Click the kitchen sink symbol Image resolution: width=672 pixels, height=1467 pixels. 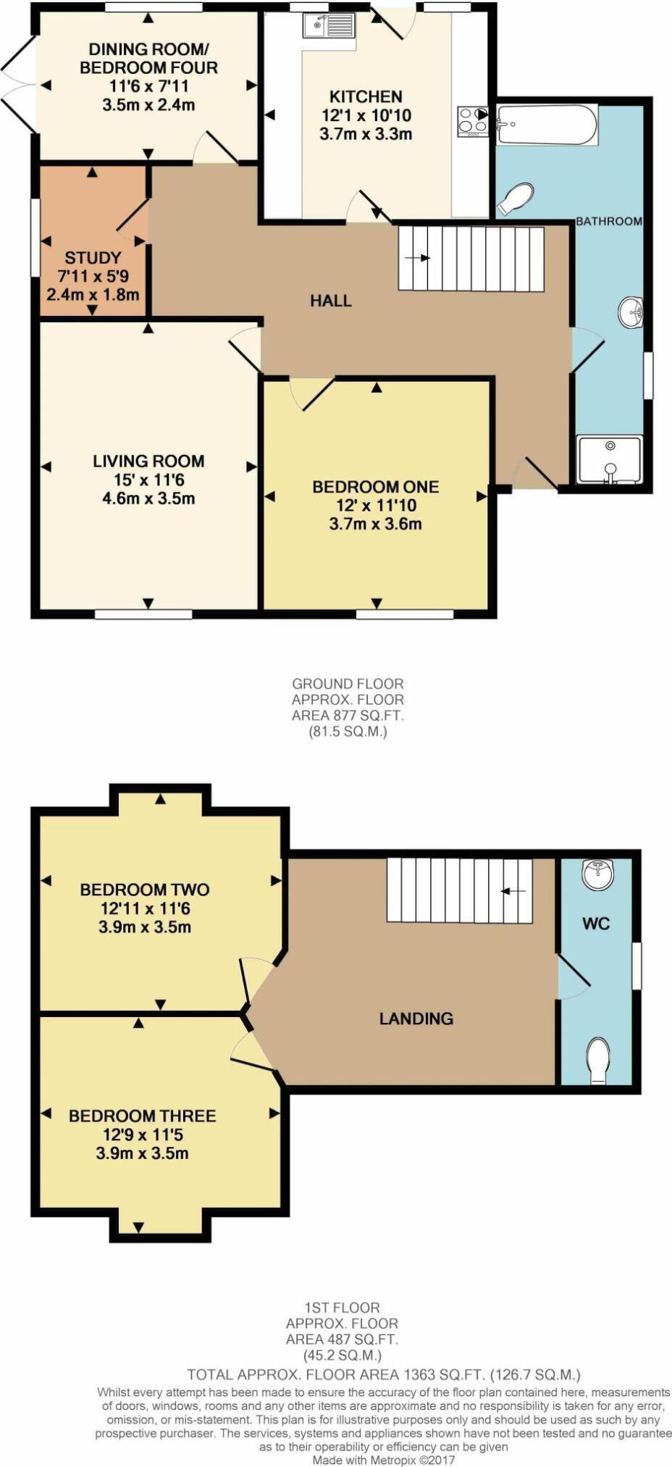click(x=329, y=26)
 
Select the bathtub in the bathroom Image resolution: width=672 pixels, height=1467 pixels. click(x=547, y=125)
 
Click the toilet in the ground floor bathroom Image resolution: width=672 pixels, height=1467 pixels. click(x=517, y=198)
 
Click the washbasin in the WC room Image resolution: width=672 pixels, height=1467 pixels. click(x=598, y=874)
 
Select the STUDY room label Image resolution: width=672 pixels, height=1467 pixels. click(x=93, y=258)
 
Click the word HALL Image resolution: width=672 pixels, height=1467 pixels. click(x=331, y=301)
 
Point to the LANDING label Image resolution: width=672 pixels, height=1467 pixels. click(x=416, y=1019)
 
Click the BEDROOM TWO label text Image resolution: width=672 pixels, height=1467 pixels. click(x=145, y=890)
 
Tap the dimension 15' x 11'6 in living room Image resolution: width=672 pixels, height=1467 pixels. click(x=148, y=480)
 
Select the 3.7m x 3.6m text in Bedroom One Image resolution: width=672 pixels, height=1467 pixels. click(x=375, y=524)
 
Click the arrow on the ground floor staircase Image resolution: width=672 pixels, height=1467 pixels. click(x=417, y=258)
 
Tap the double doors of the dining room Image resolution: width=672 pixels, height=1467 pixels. click(x=18, y=85)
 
